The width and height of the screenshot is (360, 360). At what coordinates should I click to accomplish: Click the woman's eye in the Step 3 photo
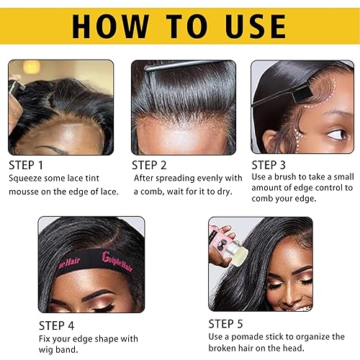coord(336,134)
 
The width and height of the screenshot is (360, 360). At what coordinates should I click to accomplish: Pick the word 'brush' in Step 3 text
coord(287,176)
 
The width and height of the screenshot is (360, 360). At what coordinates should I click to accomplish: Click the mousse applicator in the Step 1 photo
coord(14,86)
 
